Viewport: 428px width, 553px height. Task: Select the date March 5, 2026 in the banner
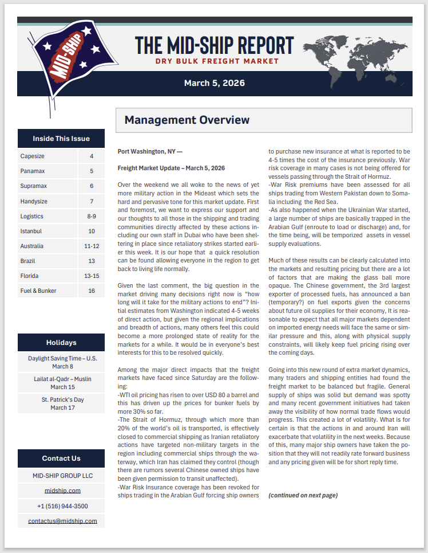[x=214, y=83]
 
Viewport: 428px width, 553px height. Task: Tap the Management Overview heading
[x=187, y=120]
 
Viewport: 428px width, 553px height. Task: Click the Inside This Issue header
[x=61, y=138]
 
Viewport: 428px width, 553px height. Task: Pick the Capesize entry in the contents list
[x=33, y=156]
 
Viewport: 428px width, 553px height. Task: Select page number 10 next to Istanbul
[x=92, y=231]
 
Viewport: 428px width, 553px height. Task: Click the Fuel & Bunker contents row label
[x=38, y=291]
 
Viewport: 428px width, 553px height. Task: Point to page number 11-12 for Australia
[x=92, y=246]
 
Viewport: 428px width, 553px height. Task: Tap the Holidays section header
[x=61, y=343]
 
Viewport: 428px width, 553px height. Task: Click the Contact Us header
[x=61, y=458]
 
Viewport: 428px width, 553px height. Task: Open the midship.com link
[x=62, y=491]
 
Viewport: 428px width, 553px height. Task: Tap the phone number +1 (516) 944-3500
[x=62, y=506]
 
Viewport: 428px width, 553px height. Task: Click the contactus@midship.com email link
[x=62, y=521]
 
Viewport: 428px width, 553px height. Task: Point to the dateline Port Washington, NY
[x=150, y=152]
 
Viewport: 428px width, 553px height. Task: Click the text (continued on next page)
[x=303, y=495]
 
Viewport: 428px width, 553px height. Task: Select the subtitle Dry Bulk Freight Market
[x=217, y=61]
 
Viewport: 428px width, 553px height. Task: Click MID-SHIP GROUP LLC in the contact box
[x=62, y=476]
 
